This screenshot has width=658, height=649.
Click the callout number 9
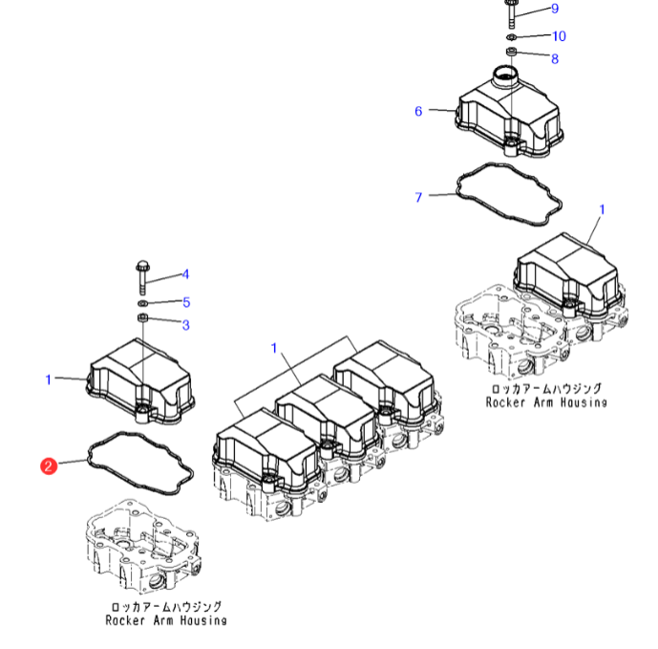(554, 9)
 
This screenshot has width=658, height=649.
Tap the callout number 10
(559, 36)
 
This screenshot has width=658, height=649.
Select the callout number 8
(554, 58)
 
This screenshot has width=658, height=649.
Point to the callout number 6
(418, 112)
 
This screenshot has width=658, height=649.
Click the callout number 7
(418, 198)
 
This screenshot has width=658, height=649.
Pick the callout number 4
(186, 275)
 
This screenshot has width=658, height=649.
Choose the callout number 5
(186, 302)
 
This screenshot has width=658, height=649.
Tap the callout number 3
(186, 325)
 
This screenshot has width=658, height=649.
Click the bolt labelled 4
(142, 273)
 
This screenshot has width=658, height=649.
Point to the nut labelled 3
(142, 318)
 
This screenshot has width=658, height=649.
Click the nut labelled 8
(511, 52)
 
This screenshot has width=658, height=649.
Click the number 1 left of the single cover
(49, 380)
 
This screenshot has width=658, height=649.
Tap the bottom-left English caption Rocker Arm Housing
(166, 620)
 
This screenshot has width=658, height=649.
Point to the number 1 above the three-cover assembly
(274, 348)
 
